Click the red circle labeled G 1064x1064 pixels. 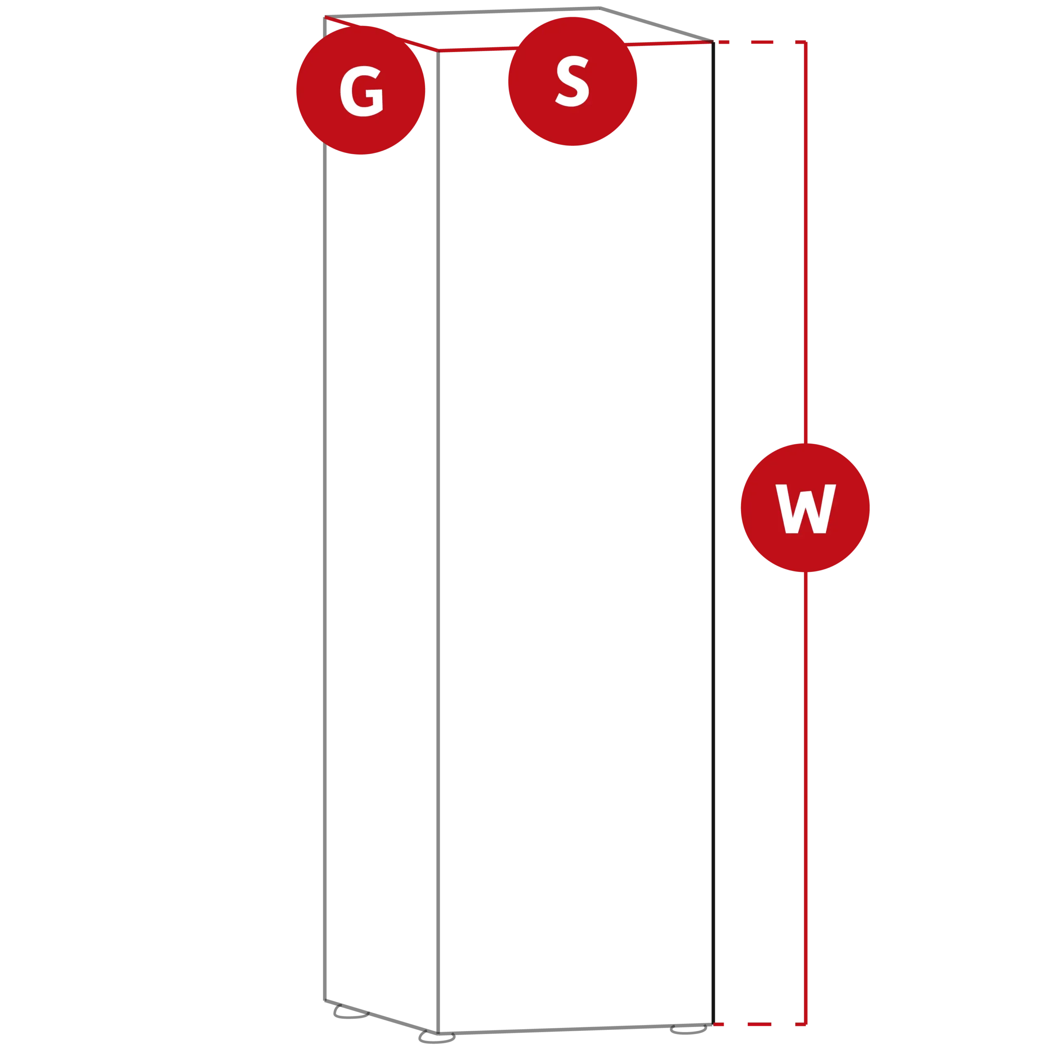coord(361,90)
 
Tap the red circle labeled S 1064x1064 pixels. coord(573,81)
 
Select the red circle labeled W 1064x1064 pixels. coord(805,508)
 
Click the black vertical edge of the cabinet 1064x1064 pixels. coord(713,533)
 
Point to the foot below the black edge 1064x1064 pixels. coord(688,1030)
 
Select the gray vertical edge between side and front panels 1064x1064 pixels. coord(438,542)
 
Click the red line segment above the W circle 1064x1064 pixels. coord(806,243)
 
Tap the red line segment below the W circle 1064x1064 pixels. coord(806,798)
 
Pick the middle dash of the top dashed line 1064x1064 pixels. coord(762,42)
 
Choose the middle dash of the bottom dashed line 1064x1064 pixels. coord(759,1025)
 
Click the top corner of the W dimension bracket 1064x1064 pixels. coord(806,42)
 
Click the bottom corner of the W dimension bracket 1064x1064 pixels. coord(806,1025)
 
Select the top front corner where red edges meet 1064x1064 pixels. coord(438,51)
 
